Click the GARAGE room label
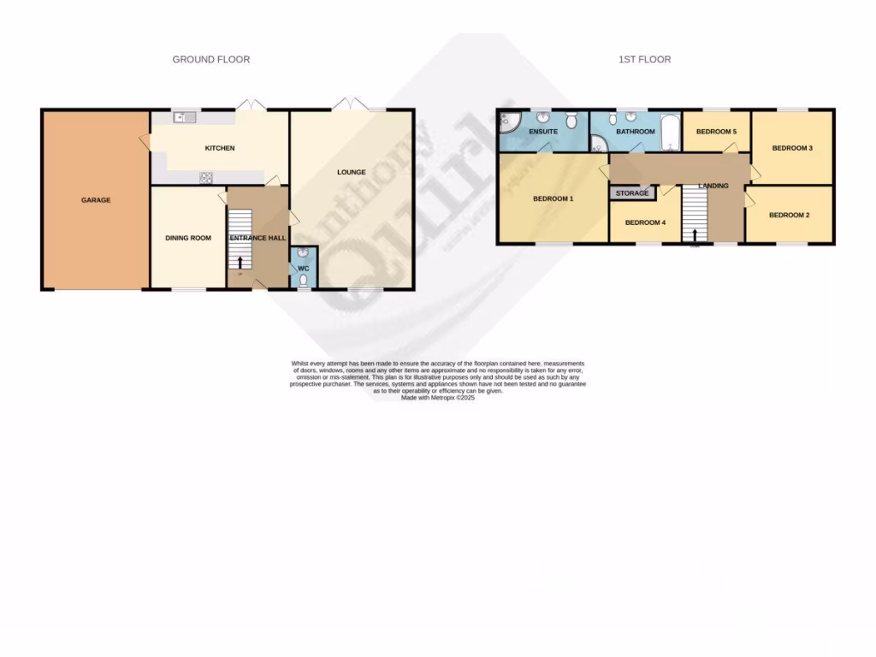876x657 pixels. [x=96, y=200]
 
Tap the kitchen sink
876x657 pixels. [x=183, y=118]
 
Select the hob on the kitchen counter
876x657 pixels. [x=206, y=177]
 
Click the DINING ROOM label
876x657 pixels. [x=188, y=238]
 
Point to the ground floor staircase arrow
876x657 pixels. [x=240, y=263]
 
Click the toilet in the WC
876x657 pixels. [x=304, y=279]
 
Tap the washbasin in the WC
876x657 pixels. [x=304, y=254]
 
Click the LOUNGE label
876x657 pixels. [x=351, y=172]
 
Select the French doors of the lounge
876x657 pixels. [x=352, y=104]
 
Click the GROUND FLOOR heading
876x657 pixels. [x=211, y=59]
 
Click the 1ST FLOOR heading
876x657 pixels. [x=644, y=59]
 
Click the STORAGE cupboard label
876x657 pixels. [x=632, y=193]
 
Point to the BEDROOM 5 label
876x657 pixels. [x=715, y=132]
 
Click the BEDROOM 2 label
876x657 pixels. [x=789, y=216]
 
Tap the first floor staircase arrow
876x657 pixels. [x=695, y=234]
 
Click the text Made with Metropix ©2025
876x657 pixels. [x=437, y=398]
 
